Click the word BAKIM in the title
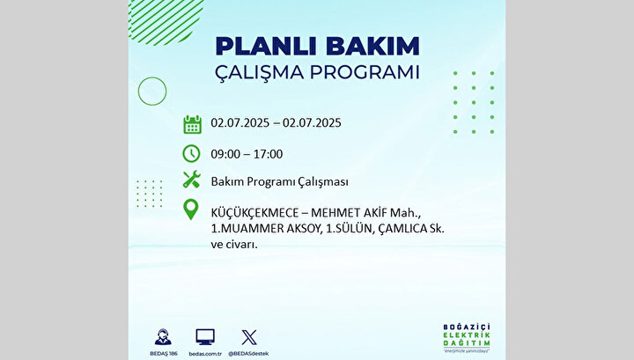[372, 46]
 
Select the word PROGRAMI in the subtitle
[365, 72]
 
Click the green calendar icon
[192, 124]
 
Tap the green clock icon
[191, 153]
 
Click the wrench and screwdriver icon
[192, 180]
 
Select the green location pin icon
[191, 209]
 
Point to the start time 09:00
[225, 154]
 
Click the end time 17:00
[268, 154]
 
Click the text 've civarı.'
[234, 245]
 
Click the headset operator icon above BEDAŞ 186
[163, 337]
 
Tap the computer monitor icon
[205, 337]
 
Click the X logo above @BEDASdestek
[248, 337]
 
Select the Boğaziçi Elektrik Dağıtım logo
[467, 338]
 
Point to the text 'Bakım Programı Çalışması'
[279, 182]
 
